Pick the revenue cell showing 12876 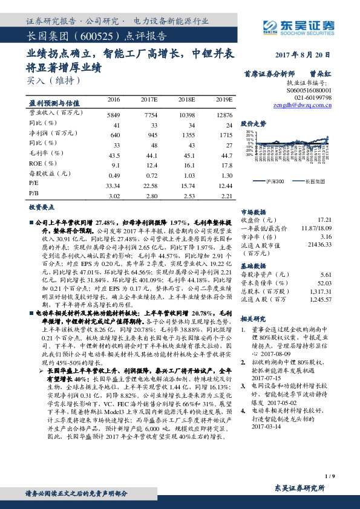click(224, 114)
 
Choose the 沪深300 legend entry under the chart click(275, 181)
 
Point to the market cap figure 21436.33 click(319, 245)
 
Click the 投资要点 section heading click(42, 207)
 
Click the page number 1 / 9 click(329, 476)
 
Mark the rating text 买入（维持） click(53, 79)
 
